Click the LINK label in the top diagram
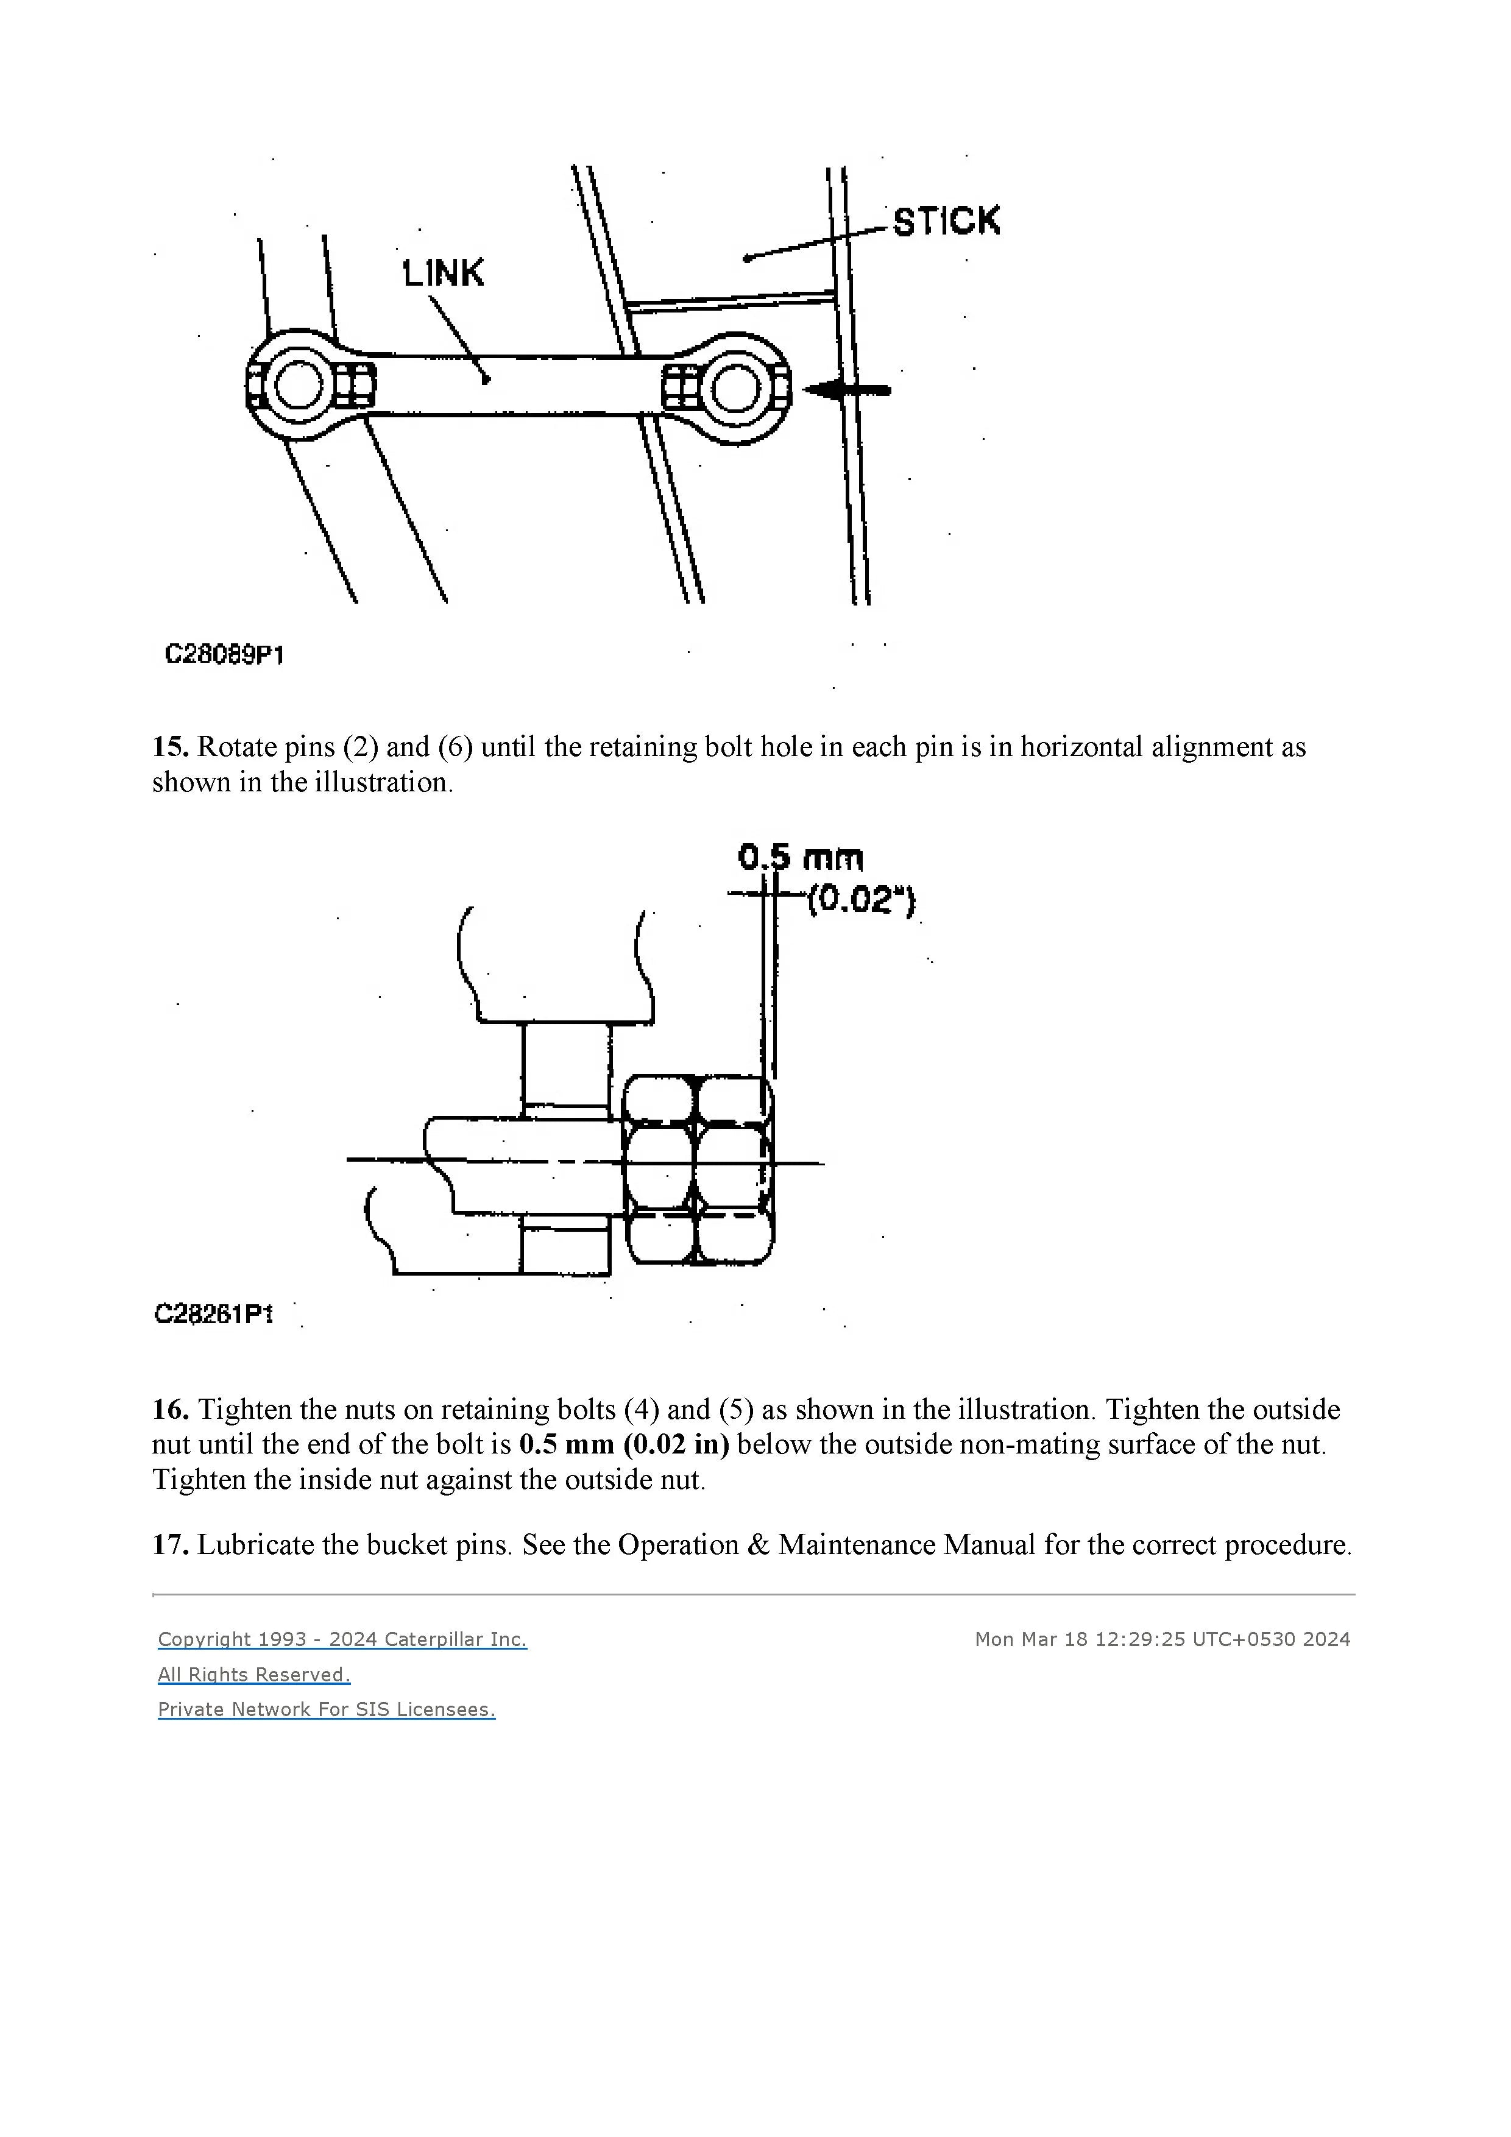[x=443, y=273]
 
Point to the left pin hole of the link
[x=298, y=386]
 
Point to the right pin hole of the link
[x=735, y=388]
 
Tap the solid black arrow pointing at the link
[x=848, y=391]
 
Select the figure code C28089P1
[x=224, y=654]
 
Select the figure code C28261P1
[x=213, y=1313]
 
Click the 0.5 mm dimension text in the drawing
[x=801, y=857]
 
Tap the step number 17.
[x=169, y=1545]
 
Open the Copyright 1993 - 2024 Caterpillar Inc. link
[x=342, y=1639]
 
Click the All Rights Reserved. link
[x=253, y=1675]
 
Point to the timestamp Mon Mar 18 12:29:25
[x=1077, y=1639]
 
